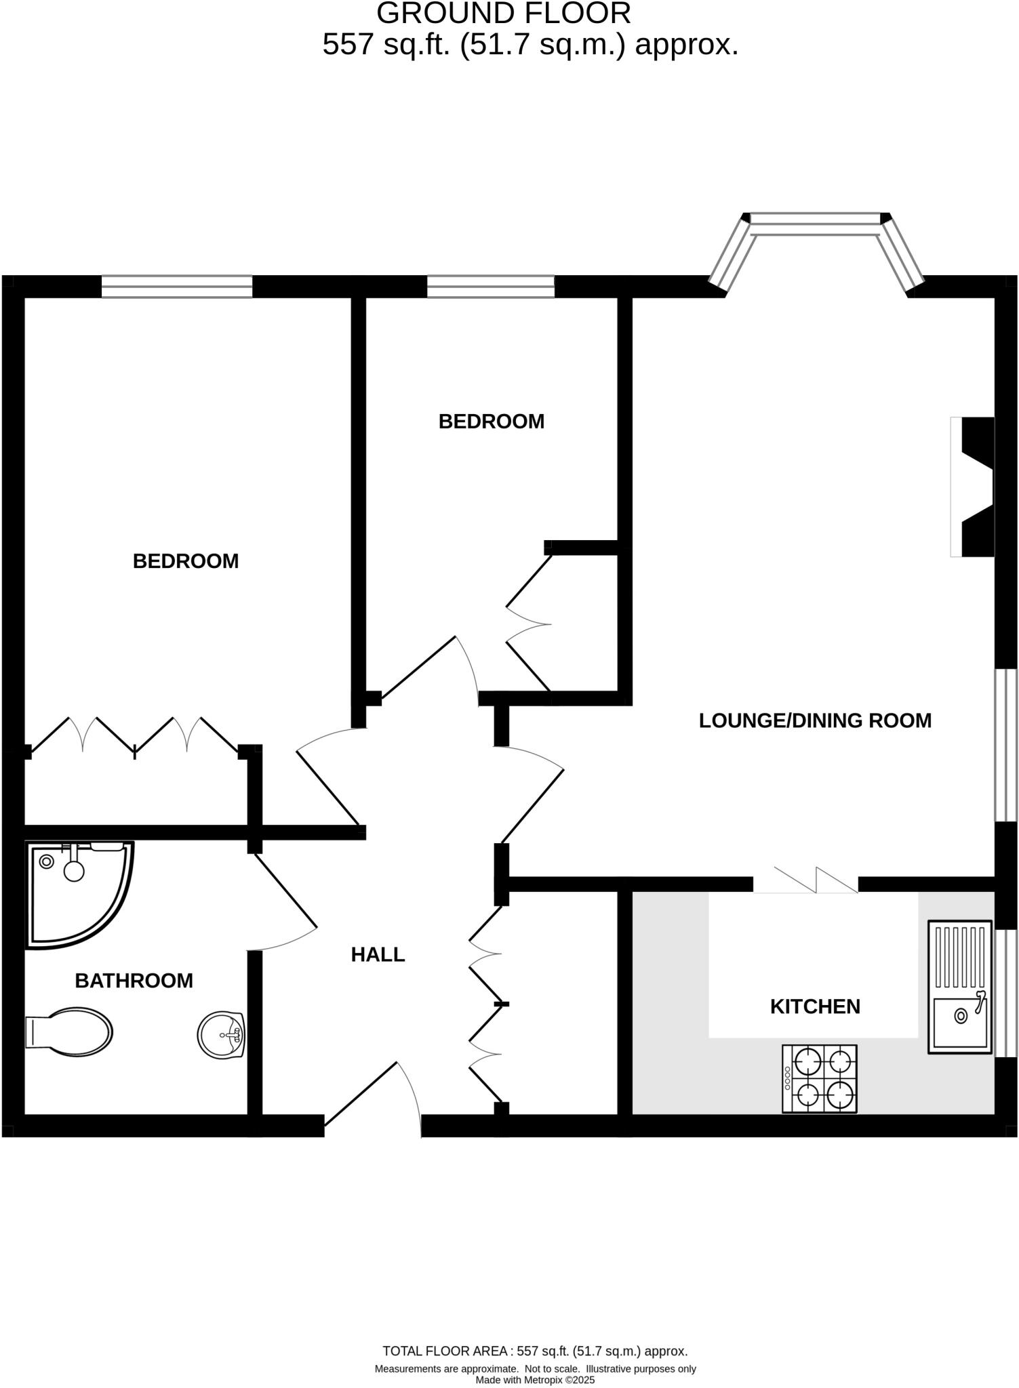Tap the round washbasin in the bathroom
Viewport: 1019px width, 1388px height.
tap(221, 1034)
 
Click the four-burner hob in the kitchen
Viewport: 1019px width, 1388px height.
tap(820, 1078)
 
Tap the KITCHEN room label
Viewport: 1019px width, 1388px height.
tap(815, 1006)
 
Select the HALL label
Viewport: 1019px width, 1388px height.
tap(378, 955)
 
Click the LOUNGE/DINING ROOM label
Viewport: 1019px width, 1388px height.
tap(815, 720)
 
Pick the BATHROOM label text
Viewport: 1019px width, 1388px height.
tap(134, 981)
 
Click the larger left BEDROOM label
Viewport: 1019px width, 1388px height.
tap(185, 561)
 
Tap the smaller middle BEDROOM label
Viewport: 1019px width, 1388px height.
tap(491, 422)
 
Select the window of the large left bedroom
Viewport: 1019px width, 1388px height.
tap(177, 287)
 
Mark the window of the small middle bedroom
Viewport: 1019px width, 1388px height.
tap(490, 287)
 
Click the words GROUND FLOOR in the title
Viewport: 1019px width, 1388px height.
tap(503, 14)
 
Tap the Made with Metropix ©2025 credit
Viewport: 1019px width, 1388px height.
tap(535, 1380)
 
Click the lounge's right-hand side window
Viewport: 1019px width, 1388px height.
tap(1005, 746)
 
